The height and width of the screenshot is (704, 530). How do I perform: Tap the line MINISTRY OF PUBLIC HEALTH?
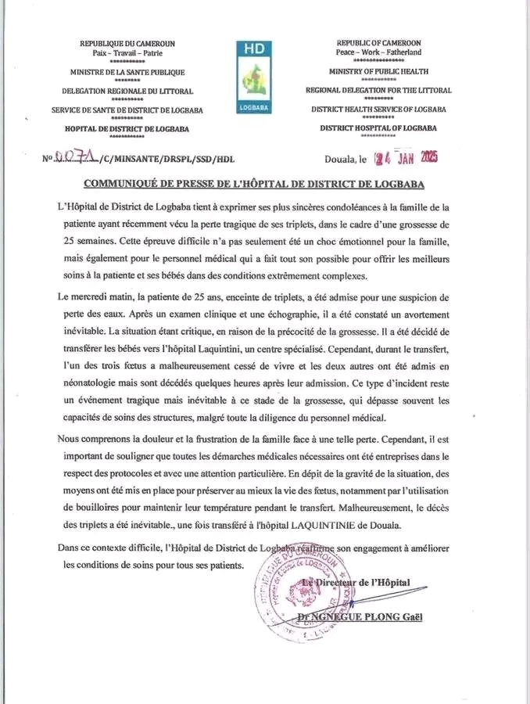378,71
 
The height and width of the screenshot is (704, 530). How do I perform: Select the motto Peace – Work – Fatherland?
378,52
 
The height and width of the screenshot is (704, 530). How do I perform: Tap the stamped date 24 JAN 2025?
407,158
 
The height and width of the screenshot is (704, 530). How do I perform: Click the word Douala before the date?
340,160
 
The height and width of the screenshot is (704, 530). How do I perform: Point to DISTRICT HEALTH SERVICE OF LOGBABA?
378,110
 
